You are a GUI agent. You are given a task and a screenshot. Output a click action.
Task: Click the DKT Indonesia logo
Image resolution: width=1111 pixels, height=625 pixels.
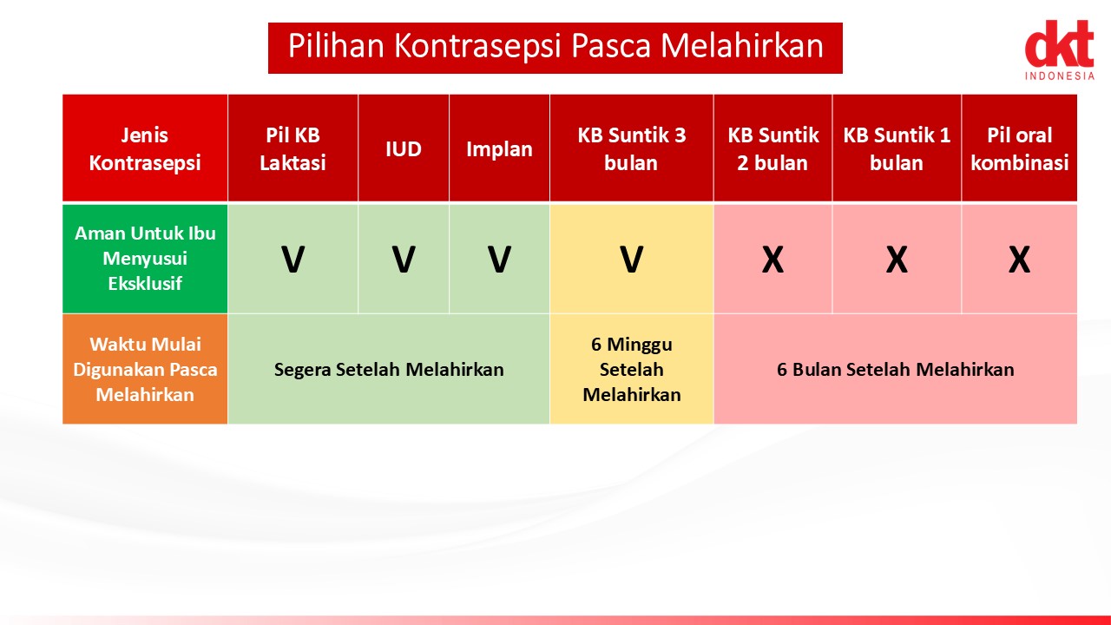1060,49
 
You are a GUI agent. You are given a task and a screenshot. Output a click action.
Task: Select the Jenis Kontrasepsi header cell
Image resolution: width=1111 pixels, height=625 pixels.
145,148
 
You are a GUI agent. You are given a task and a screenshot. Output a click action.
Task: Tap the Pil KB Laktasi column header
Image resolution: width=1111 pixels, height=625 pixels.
293,148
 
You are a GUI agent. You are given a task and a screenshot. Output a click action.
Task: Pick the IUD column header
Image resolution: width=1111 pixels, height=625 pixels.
404,148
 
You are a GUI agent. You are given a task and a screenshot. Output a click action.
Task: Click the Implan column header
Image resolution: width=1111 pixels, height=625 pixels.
499,148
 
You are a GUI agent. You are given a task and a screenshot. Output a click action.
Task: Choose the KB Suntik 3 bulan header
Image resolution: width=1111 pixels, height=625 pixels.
631,148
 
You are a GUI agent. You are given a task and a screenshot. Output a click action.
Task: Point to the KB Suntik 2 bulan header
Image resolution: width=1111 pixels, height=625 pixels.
772,148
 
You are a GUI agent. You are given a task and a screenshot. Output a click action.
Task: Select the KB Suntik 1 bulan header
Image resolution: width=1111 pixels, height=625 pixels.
897,148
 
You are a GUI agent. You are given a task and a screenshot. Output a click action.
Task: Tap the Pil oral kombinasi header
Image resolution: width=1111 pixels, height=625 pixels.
1019,148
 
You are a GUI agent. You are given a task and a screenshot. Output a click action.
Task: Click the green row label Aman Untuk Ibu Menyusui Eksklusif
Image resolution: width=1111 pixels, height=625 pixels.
145,259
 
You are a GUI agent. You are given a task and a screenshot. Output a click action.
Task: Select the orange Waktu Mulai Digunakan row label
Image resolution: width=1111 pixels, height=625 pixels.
145,369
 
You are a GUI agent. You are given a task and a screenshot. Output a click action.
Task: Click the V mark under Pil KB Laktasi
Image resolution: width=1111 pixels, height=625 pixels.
293,260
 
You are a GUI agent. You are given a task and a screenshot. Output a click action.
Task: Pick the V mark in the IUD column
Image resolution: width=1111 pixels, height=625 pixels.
404,260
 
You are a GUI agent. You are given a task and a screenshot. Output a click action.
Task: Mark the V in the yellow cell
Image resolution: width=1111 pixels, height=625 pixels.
631,260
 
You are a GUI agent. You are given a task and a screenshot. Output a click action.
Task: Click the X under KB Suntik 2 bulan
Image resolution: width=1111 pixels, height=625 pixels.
772,260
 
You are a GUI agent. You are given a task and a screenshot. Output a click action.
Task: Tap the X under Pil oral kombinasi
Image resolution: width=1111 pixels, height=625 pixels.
1019,260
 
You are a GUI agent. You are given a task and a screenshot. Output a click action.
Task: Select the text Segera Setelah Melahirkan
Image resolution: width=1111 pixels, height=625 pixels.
389,370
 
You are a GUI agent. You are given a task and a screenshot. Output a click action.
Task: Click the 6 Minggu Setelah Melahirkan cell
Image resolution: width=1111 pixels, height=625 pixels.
631,369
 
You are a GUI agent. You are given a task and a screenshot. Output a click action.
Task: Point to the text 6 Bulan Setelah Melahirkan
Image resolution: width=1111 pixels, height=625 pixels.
895,370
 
